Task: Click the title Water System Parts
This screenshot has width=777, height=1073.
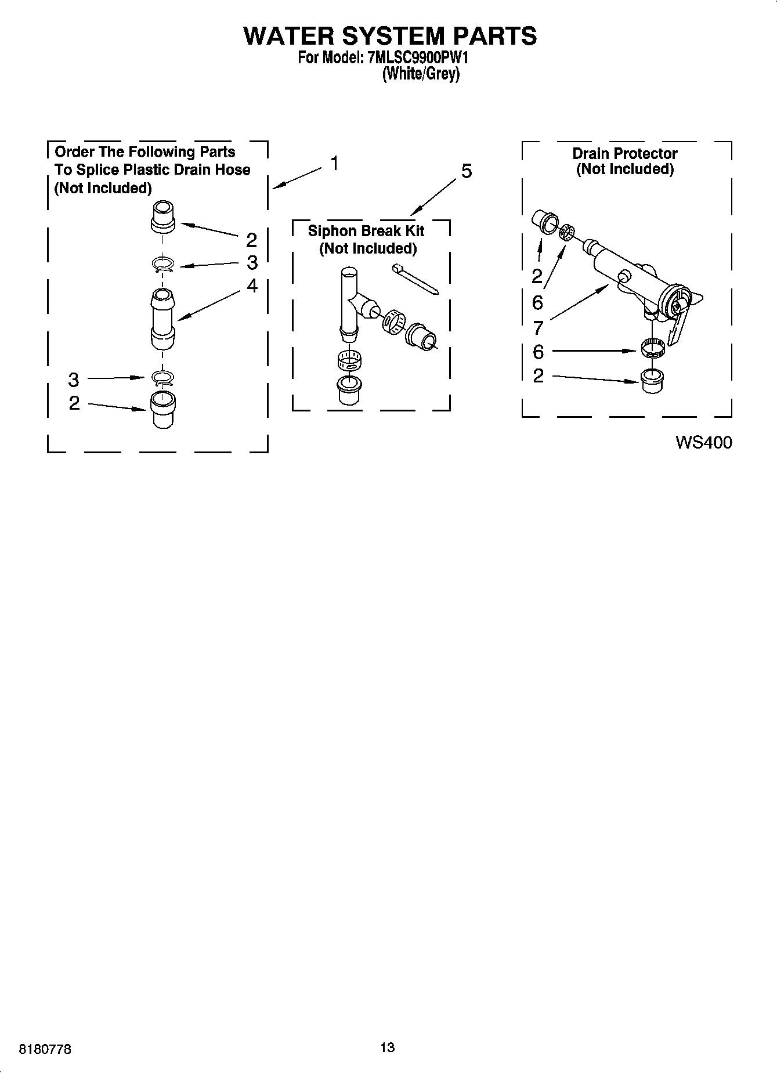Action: pos(390,36)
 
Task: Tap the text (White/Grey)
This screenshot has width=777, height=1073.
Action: pos(421,74)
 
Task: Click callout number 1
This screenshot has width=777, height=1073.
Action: pos(335,164)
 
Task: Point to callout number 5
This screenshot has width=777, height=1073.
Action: pos(467,171)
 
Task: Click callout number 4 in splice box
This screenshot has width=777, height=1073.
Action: pos(252,286)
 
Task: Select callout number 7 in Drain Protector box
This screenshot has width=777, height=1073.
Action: pos(538,328)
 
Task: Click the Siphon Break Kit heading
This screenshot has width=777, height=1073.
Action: pos(366,231)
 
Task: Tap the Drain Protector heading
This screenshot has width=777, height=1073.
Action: pos(625,154)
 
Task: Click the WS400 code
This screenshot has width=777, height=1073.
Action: pos(703,443)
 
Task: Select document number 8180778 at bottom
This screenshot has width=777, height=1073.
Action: pos(45,1049)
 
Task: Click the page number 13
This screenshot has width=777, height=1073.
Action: pos(388,1047)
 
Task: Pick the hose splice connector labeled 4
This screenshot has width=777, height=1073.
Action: pos(163,319)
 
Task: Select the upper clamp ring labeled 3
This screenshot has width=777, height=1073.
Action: pos(163,265)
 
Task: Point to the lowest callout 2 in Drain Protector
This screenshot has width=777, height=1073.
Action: pos(538,375)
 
